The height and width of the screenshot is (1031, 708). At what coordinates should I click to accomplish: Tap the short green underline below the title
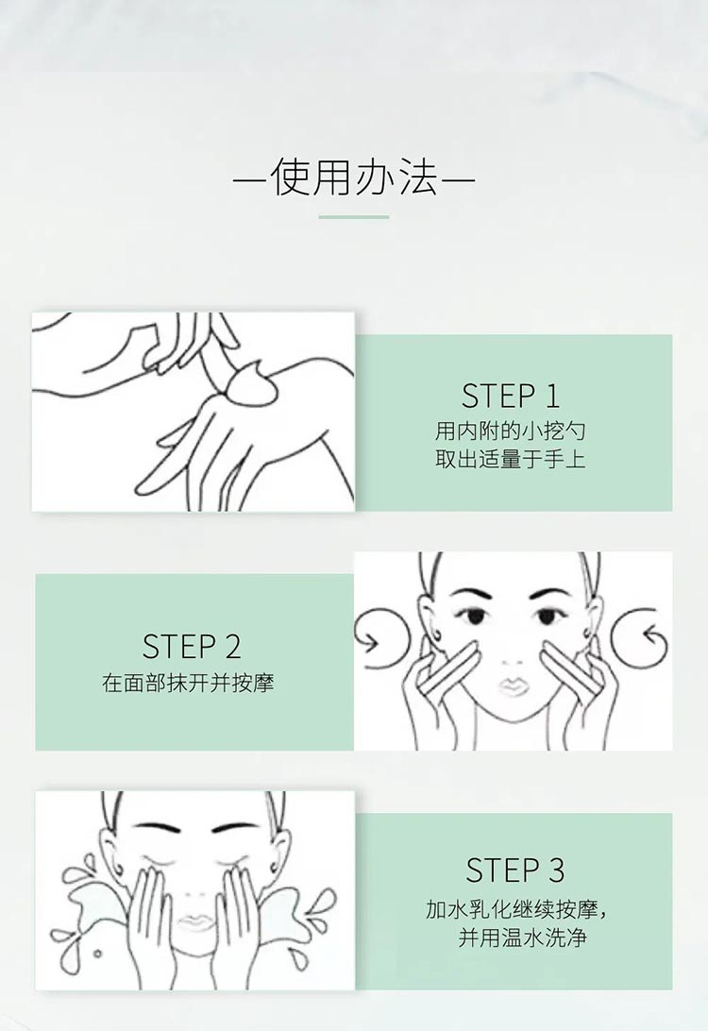354,217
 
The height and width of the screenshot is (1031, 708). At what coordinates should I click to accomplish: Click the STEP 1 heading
511,396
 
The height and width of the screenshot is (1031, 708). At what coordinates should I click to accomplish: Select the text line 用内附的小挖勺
511,431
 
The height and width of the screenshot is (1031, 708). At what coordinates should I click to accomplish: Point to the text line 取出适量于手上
511,461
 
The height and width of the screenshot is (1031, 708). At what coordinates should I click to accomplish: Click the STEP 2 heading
192,647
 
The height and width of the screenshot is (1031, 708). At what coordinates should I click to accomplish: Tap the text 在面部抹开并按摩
188,683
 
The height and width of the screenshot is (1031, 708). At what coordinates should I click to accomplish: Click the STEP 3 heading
515,870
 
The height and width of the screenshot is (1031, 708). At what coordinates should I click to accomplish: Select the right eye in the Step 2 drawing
548,617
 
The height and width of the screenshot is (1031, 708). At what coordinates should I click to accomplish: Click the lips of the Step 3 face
195,921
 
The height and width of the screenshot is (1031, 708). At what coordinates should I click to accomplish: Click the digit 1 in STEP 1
552,396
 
